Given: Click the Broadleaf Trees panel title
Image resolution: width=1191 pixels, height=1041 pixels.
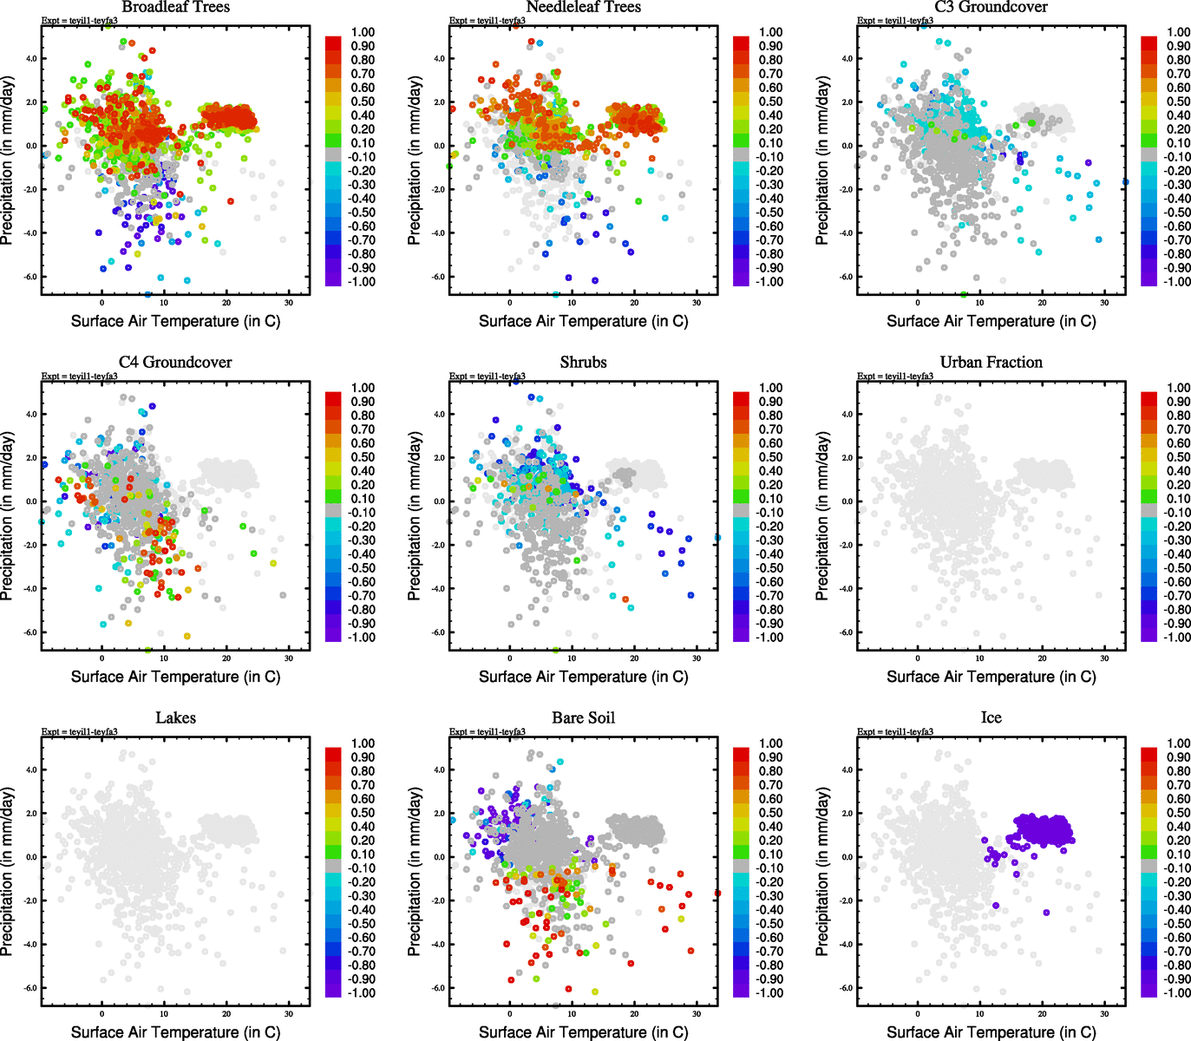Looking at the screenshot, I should click(175, 7).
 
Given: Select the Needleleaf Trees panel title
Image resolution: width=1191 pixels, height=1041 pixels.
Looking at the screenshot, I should click(583, 7).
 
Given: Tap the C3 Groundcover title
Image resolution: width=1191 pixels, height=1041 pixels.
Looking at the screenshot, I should click(991, 7).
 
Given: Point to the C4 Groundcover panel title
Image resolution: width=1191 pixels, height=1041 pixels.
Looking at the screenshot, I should click(175, 363).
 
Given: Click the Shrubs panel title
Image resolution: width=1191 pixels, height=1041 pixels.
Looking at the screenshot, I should click(583, 363).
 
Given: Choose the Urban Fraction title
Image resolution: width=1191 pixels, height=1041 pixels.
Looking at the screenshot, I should click(991, 363).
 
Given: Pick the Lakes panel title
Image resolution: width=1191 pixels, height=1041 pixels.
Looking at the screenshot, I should click(175, 718).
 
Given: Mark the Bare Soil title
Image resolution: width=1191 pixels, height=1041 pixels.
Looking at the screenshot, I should click(583, 718).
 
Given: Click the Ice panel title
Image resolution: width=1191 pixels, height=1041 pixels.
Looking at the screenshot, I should click(991, 718).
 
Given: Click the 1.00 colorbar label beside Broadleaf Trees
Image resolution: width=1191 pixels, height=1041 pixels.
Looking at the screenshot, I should click(363, 32).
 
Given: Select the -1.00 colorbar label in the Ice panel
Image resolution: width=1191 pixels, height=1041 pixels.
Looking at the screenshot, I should click(1176, 993).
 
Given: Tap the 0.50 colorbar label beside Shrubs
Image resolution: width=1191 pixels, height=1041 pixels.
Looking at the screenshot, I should click(770, 457).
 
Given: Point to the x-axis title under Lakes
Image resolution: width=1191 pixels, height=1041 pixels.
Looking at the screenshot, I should click(175, 1032).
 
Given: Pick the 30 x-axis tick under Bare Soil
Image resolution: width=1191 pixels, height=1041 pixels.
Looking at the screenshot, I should click(697, 1014).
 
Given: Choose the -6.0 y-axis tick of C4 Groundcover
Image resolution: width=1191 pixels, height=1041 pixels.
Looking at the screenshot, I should click(30, 632).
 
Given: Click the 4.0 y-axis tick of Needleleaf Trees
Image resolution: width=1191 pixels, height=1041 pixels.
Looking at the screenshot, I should click(439, 59).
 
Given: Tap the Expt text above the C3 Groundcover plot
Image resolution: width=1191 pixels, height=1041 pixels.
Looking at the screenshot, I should click(895, 21).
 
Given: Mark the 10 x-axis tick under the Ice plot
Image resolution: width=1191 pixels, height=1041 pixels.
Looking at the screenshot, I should click(980, 1014).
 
